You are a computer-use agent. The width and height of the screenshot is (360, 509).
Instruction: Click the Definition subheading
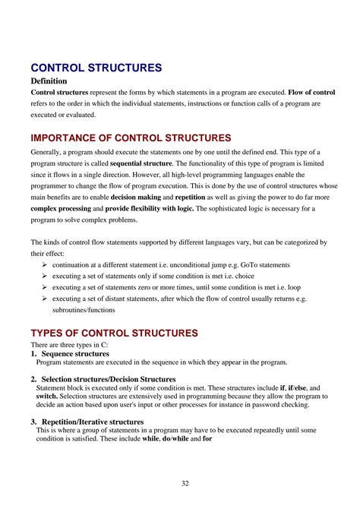[x=49, y=81]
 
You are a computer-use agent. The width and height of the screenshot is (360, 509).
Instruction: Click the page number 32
[x=185, y=483]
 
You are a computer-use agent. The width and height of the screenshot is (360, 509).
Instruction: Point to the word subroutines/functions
[x=88, y=311]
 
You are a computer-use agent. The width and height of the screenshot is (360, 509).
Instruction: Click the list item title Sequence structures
[x=75, y=353]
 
